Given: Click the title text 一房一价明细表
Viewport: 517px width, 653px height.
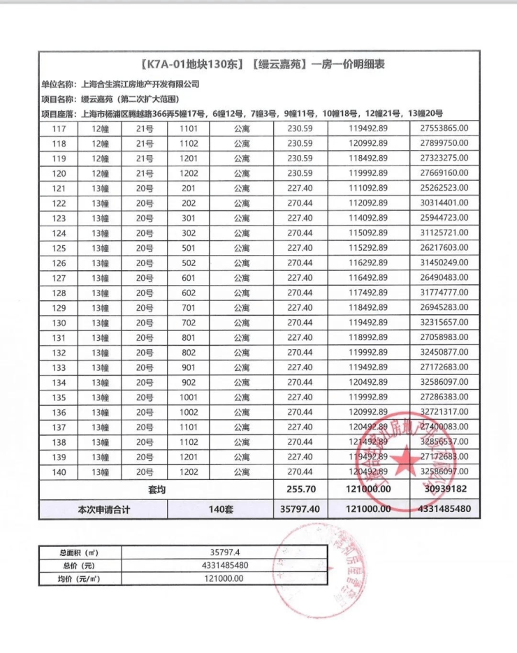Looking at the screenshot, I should coord(348,65).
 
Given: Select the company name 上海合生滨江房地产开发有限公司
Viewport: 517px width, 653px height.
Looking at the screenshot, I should coord(140,84).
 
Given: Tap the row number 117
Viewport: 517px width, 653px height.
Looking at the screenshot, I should coord(59,129).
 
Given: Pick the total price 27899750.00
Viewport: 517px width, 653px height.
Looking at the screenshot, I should coord(444,143).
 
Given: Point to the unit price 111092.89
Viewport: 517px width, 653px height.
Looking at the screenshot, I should coord(368,188).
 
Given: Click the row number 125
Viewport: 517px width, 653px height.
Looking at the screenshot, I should coord(59,248).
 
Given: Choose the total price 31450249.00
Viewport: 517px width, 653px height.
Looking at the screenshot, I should coord(444,263).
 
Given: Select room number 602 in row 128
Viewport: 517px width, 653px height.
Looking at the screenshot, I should coord(189,293).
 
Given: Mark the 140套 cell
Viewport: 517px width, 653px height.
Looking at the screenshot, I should coord(220,510).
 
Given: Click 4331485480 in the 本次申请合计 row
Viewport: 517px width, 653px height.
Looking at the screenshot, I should coord(444,510).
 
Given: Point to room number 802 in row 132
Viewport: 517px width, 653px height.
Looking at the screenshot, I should coord(189,353).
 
